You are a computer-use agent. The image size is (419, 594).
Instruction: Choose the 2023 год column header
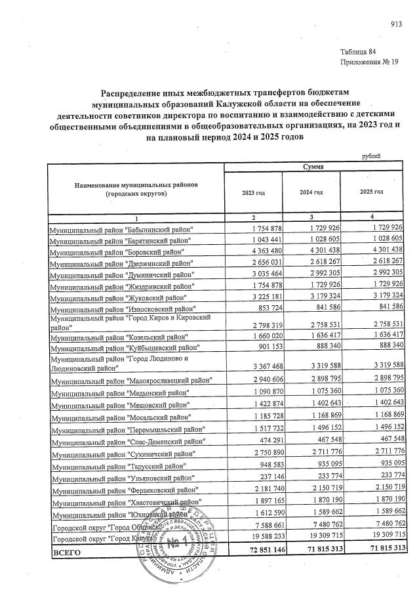click(253, 192)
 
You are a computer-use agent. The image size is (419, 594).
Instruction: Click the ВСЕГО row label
click(66, 553)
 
